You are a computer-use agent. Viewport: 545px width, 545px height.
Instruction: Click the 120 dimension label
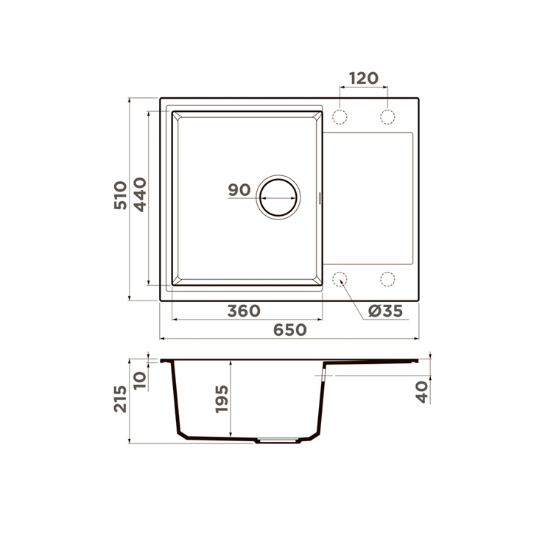[x=364, y=79]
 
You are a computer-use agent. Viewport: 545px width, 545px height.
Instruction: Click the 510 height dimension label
[x=121, y=195]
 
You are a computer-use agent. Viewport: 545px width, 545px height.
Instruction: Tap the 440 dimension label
[x=141, y=194]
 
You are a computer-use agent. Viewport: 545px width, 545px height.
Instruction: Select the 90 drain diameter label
[x=239, y=190]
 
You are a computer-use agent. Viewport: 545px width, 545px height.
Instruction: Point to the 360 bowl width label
[x=244, y=311]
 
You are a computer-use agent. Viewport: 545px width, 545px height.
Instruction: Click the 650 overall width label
[x=290, y=330]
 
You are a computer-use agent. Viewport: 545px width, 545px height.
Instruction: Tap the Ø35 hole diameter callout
[x=385, y=311]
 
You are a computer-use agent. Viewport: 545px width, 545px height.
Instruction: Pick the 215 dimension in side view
[x=121, y=398]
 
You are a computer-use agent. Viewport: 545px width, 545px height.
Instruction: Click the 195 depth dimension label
[x=222, y=399]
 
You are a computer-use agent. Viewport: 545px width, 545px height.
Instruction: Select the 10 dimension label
[x=140, y=381]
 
